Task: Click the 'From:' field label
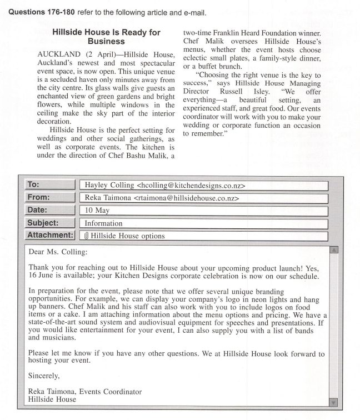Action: [x=38, y=197]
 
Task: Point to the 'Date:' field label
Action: [x=38, y=210]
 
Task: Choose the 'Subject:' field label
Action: [x=43, y=223]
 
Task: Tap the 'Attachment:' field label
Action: [x=49, y=235]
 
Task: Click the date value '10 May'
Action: [x=97, y=211]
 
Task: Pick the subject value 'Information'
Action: [x=103, y=223]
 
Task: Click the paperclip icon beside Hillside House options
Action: [x=87, y=236]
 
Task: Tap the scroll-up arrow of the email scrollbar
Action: [x=333, y=250]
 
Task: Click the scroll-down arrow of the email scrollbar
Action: [x=333, y=402]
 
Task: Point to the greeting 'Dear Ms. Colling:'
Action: [x=58, y=252]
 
